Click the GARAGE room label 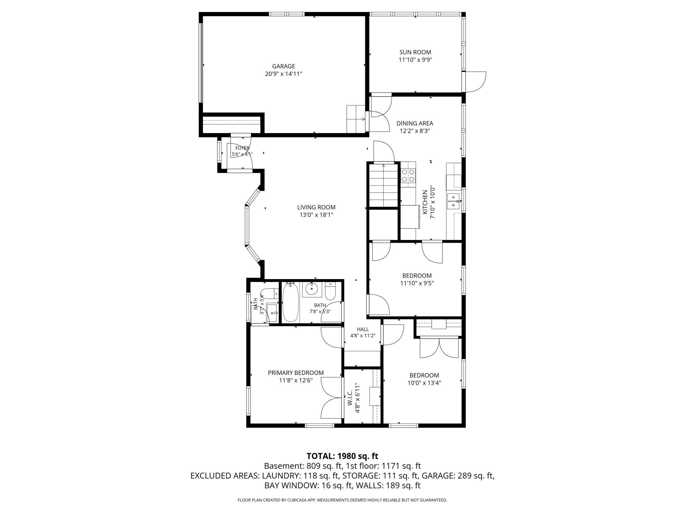pos(283,66)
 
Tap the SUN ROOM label pos(415,52)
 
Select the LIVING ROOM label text pos(316,207)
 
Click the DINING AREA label pos(415,123)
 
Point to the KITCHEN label pos(425,202)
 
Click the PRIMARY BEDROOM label pos(296,373)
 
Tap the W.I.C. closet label pos(350,398)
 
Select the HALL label pos(363,329)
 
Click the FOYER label pos(242,148)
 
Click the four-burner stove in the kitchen pos(408,176)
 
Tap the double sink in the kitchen pos(454,201)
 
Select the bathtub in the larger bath pos(290,302)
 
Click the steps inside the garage pos(356,119)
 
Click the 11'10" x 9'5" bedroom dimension pos(417,283)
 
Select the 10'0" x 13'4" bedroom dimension pos(424,383)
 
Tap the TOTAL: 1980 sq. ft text pos(342,456)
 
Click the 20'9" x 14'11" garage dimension pos(284,74)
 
